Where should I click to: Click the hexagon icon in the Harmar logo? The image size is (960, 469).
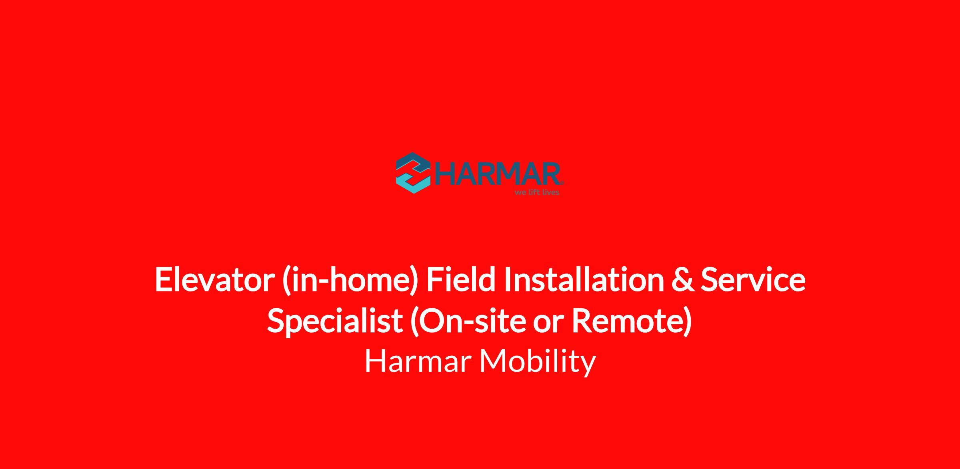coord(413,173)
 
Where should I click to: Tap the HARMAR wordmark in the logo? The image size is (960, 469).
coord(497,174)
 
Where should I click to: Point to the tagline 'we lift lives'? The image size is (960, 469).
coord(537,192)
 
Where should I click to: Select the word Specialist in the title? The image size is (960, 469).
coord(335,321)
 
